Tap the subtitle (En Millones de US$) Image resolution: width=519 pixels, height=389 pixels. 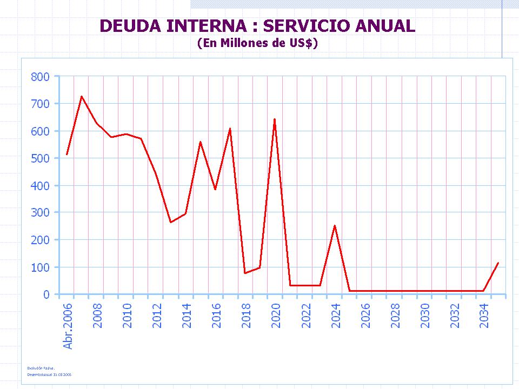click(257, 43)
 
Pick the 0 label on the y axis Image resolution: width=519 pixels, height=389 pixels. click(46, 294)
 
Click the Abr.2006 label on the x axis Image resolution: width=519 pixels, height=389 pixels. click(68, 325)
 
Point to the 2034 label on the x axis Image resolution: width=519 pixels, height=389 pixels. click(484, 316)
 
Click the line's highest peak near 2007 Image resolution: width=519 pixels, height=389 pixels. click(82, 96)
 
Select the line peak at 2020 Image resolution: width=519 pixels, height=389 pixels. click(275, 119)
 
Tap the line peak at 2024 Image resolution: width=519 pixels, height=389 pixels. click(335, 226)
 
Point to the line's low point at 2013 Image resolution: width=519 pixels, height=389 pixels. click(171, 222)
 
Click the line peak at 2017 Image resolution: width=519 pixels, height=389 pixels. click(230, 129)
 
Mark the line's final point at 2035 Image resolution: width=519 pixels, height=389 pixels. click(498, 263)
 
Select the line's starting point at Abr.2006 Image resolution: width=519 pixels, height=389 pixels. click(66, 155)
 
